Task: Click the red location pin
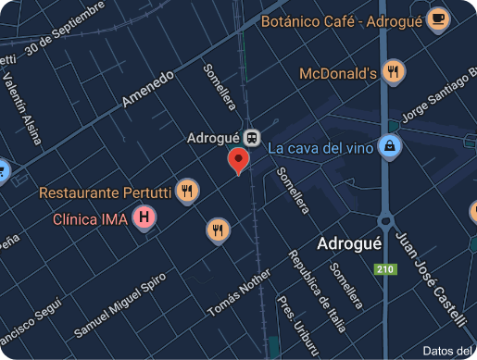pos(239,160)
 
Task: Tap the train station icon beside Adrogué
pos(251,137)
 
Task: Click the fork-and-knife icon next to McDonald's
pos(395,72)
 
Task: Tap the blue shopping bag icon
pos(393,147)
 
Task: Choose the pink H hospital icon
pos(144,219)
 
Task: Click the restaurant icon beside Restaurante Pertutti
pos(187,192)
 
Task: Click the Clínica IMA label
pos(90,219)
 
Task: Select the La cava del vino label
pos(321,148)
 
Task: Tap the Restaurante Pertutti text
pos(105,192)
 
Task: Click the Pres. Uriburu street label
pos(291,324)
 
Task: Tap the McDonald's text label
pos(338,73)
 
